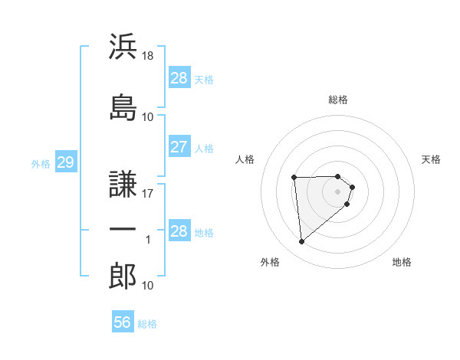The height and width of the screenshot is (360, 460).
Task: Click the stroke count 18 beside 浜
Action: click(x=148, y=56)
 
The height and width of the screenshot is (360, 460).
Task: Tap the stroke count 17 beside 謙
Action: click(x=148, y=193)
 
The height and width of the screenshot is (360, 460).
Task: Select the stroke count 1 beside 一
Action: click(x=148, y=240)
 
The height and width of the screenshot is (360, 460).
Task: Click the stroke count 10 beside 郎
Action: click(x=148, y=286)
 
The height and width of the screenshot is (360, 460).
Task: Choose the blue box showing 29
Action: click(x=65, y=162)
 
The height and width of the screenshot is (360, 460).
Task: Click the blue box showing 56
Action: click(x=122, y=322)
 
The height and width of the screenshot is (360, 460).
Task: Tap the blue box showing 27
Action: click(x=179, y=147)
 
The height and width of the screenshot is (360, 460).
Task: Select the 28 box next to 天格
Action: click(x=179, y=78)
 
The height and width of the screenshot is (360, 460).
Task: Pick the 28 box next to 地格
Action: click(x=179, y=231)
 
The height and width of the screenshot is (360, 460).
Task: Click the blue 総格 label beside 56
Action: click(x=147, y=323)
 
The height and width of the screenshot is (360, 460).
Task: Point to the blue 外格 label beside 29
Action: click(x=41, y=163)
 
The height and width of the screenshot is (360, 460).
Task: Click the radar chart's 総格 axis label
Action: click(x=338, y=100)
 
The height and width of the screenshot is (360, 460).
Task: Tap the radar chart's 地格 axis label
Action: click(x=402, y=262)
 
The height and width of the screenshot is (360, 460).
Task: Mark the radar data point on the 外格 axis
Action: click(x=302, y=242)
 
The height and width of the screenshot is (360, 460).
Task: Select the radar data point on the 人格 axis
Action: click(x=294, y=178)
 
